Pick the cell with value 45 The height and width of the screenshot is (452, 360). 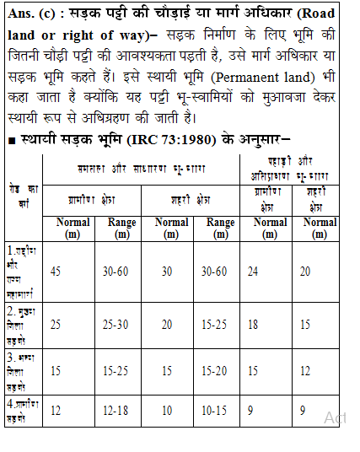point(56,271)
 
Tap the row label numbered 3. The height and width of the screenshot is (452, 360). point(23,370)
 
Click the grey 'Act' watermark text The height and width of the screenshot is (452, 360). point(335,418)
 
